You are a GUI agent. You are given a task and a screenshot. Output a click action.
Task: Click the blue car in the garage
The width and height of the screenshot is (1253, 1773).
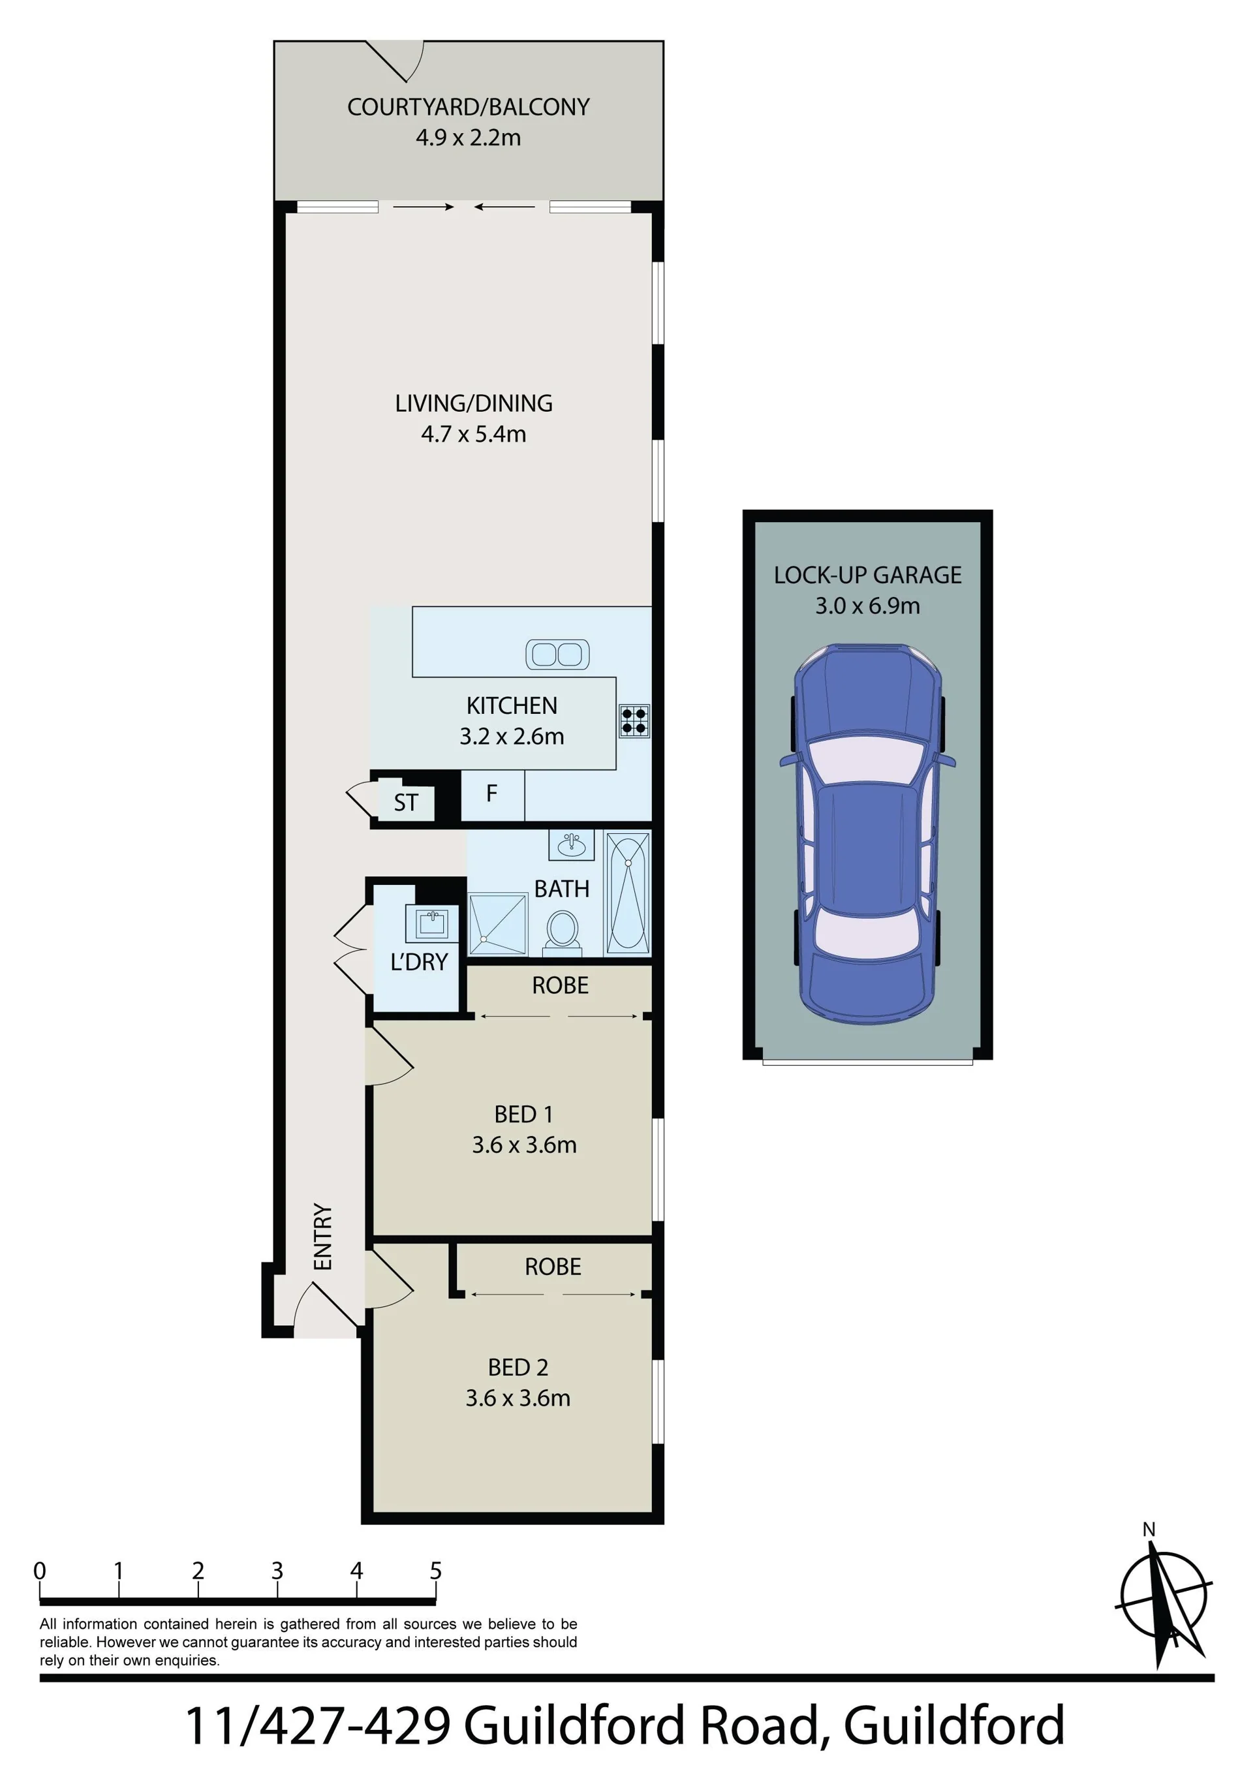click(867, 834)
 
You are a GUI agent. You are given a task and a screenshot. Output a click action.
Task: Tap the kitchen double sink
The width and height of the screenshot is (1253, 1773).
click(557, 655)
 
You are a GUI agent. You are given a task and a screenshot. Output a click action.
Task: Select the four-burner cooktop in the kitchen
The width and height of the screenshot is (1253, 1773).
click(634, 720)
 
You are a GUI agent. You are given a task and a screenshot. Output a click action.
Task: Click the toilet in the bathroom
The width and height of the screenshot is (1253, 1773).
click(563, 931)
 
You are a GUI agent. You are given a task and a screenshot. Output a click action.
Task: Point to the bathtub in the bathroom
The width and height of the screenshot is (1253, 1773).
click(627, 893)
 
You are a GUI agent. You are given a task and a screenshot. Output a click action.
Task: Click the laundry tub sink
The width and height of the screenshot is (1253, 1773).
click(432, 923)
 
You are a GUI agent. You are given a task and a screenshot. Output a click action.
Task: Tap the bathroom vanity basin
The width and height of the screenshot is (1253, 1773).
click(572, 846)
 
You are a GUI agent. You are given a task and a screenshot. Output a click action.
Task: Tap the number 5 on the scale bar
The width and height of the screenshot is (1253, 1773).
click(436, 1571)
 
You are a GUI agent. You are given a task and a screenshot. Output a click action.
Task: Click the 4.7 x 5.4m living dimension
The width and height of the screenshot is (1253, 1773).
click(474, 434)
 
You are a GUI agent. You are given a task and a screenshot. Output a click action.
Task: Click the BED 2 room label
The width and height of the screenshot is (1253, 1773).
click(518, 1368)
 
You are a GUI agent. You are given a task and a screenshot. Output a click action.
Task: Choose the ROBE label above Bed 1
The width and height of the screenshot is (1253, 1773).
click(560, 985)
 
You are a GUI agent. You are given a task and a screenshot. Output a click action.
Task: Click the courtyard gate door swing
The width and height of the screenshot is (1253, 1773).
click(395, 61)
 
